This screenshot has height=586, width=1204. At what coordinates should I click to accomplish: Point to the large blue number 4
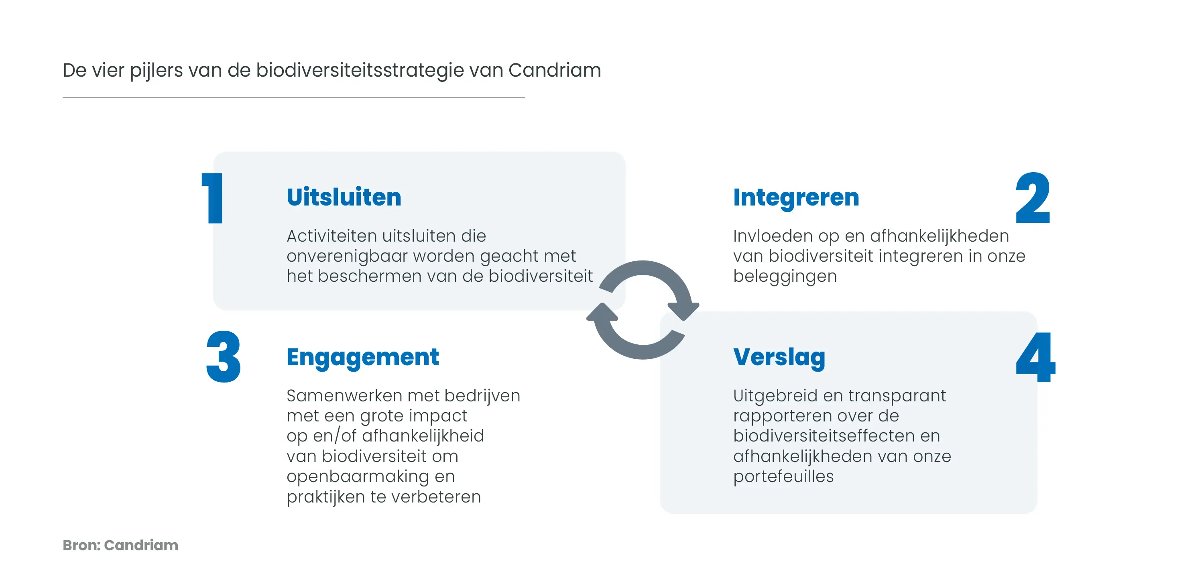point(1035,357)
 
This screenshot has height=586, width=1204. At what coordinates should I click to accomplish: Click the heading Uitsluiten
point(344,197)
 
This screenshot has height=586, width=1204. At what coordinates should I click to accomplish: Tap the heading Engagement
point(363,358)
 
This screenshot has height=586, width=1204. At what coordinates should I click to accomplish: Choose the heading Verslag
point(779,358)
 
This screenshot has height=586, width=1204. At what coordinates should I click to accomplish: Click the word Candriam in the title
point(555,70)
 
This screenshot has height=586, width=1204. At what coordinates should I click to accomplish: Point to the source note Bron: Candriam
point(120,545)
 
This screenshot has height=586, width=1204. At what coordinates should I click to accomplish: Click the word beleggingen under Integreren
point(785,277)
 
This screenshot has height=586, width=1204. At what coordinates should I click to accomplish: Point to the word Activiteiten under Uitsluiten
point(332,236)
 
